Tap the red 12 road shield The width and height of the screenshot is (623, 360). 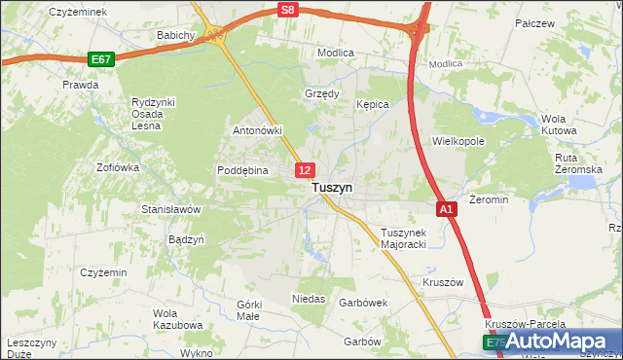click(x=305, y=170)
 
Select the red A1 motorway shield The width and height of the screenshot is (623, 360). click(x=446, y=209)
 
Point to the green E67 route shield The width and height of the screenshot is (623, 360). click(x=100, y=59)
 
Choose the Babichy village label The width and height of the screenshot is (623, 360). click(x=177, y=35)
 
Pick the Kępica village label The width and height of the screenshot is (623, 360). click(x=373, y=104)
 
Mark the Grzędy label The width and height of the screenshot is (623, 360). click(x=321, y=94)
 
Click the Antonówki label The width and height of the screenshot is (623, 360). click(x=257, y=129)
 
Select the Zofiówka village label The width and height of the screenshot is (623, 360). click(x=118, y=167)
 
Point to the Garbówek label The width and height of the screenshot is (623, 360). click(x=363, y=303)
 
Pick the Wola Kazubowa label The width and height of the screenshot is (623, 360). click(x=177, y=319)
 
